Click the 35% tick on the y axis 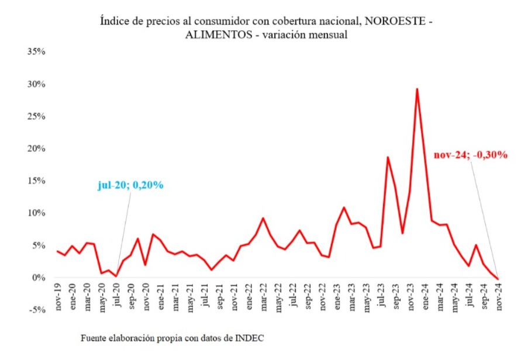36,52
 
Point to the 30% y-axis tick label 36,84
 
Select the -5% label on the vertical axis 37,310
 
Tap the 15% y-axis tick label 36,181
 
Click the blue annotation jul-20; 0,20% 130,186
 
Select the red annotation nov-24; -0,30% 470,155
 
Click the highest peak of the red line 417,89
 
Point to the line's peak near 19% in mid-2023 388,157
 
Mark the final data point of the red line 498,279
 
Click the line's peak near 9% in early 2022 263,218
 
